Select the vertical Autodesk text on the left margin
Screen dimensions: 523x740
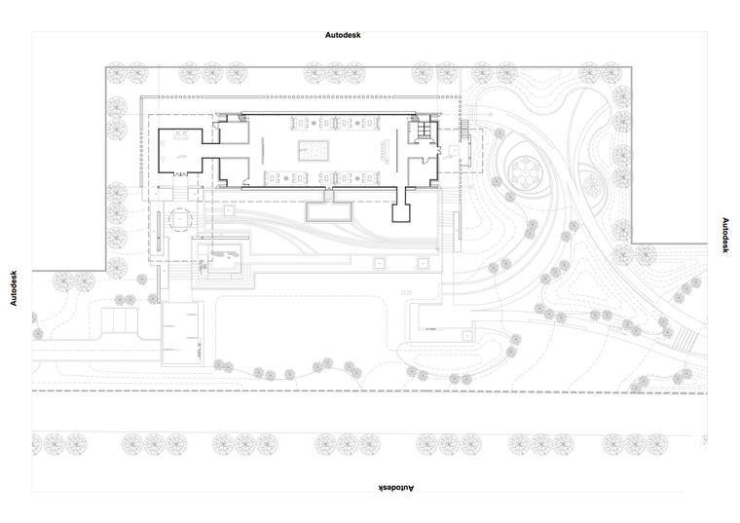[14, 288]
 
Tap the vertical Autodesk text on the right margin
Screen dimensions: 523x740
[725, 235]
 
